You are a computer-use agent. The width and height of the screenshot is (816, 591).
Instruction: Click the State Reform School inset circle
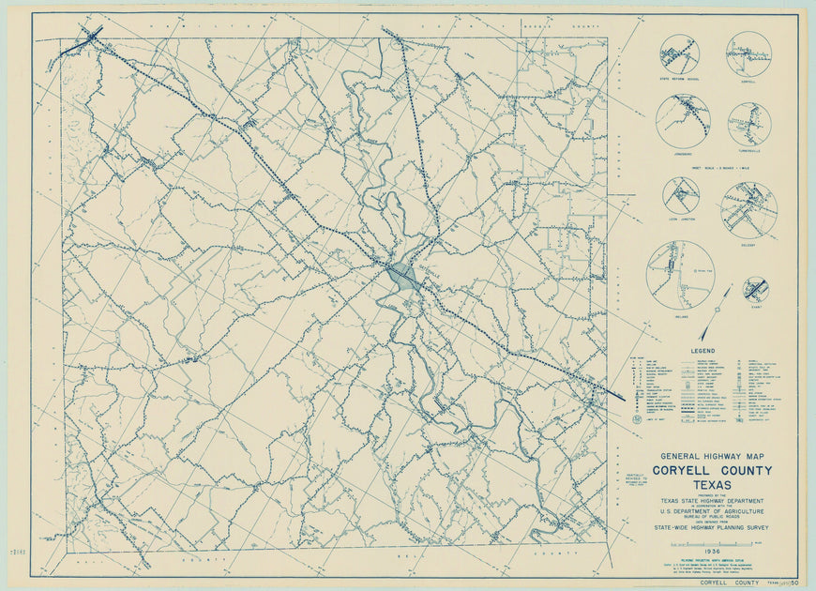click(679, 54)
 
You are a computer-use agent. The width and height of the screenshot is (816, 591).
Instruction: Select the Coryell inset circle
click(748, 54)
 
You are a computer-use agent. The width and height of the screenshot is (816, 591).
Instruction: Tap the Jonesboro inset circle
click(683, 120)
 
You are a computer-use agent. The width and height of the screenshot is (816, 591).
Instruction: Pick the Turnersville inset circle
click(748, 124)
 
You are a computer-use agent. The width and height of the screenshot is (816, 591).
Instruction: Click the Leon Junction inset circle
click(681, 195)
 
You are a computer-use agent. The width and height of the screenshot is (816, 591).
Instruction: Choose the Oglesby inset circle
click(748, 209)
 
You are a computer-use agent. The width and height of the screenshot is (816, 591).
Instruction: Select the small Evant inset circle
click(755, 289)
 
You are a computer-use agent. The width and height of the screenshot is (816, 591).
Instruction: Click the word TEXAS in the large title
click(713, 484)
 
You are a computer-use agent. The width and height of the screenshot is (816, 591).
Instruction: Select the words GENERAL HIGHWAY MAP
click(713, 457)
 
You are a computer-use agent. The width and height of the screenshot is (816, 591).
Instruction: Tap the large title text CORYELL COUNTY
click(713, 471)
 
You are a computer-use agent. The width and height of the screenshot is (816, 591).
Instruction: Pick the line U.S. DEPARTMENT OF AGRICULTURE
click(713, 512)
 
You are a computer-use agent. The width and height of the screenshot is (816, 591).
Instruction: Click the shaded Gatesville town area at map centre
click(402, 276)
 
